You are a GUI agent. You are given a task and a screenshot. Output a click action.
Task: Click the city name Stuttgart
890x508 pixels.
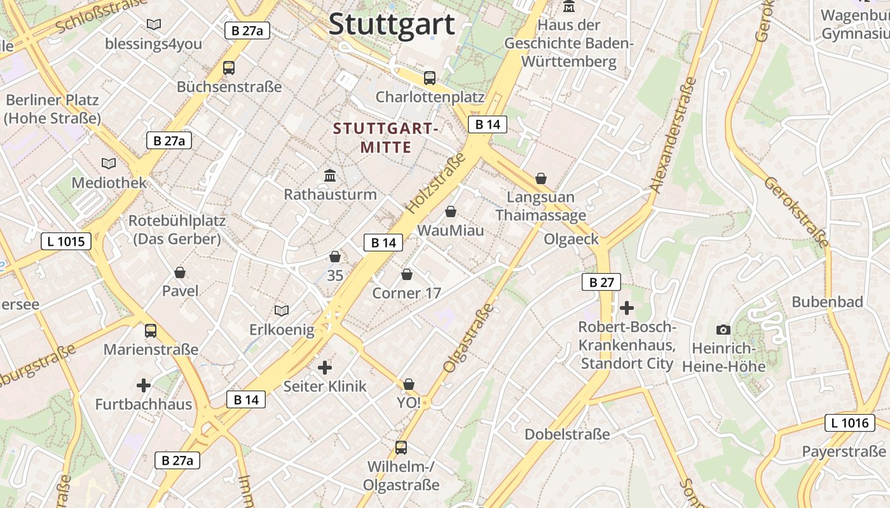(392, 24)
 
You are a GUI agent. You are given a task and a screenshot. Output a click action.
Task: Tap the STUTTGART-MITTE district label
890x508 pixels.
(386, 138)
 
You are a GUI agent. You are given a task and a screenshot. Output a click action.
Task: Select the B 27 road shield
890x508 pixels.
(601, 282)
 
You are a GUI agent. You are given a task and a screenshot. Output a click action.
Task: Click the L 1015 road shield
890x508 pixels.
(66, 241)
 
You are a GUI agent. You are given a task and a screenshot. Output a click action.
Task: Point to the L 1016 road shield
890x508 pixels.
(849, 423)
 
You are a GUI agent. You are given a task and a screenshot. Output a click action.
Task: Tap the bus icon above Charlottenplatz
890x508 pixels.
(430, 78)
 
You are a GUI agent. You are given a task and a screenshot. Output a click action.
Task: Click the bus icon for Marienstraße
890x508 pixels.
(151, 331)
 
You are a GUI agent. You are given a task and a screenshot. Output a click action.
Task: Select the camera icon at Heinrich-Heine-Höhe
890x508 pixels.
(723, 330)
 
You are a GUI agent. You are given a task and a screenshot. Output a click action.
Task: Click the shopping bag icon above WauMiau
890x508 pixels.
(451, 211)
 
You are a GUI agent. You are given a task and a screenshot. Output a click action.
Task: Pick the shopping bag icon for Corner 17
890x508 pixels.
(407, 274)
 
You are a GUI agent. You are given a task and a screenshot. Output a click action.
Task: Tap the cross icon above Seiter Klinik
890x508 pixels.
(325, 368)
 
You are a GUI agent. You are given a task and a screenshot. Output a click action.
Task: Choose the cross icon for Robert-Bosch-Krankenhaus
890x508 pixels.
(627, 308)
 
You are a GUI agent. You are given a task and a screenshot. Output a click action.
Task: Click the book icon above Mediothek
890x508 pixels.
(109, 164)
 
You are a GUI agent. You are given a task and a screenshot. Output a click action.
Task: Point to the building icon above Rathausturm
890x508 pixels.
(330, 175)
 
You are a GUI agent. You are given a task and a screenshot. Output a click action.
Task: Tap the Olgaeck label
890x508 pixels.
(572, 239)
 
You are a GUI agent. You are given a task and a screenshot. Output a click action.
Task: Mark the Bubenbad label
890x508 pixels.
(827, 302)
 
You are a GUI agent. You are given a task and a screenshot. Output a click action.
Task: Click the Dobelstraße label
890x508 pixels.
(567, 434)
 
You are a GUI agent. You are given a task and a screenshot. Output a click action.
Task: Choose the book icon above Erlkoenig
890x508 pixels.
(282, 311)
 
